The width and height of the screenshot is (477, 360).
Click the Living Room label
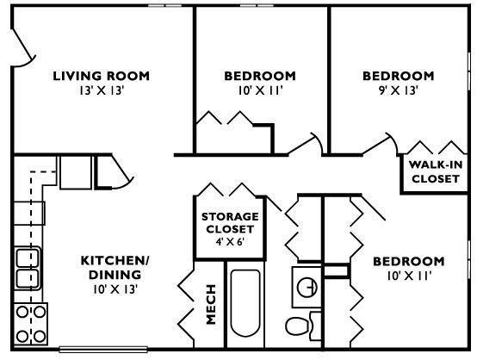click(x=101, y=76)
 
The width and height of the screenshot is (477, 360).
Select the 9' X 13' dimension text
click(x=397, y=90)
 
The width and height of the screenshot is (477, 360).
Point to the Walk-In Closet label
click(x=435, y=172)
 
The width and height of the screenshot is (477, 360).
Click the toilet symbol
click(x=298, y=328)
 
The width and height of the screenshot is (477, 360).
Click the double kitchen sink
click(x=28, y=268)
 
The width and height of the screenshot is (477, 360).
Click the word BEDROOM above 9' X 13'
click(x=397, y=76)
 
